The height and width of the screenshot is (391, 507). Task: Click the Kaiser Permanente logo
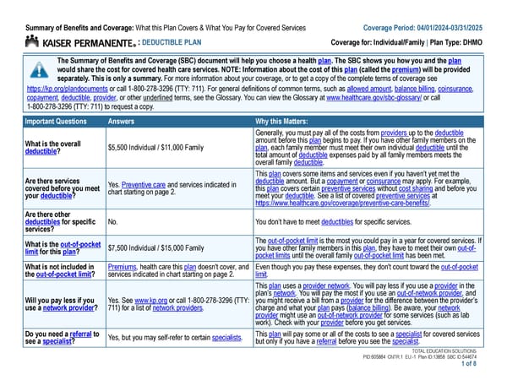pyautogui.click(x=79, y=41)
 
